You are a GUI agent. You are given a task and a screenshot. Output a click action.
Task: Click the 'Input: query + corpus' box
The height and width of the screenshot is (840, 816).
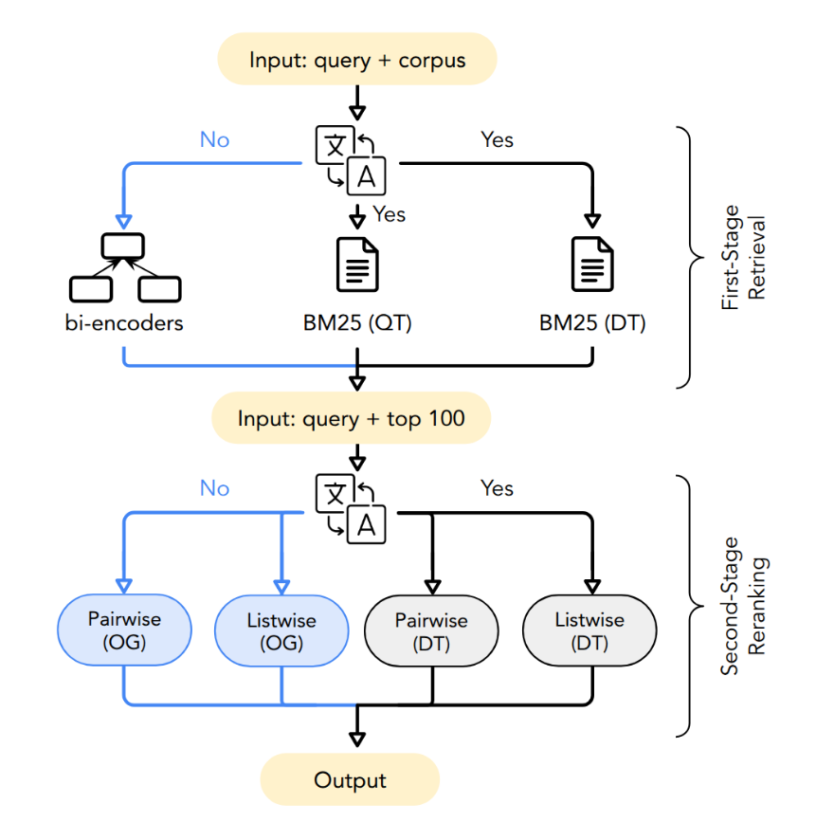[357, 60]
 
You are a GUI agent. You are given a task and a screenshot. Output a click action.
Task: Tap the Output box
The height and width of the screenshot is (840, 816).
[350, 780]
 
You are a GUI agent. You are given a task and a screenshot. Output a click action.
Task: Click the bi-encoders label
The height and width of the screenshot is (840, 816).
[125, 323]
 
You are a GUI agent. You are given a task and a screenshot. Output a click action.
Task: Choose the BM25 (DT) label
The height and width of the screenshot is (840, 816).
[592, 323]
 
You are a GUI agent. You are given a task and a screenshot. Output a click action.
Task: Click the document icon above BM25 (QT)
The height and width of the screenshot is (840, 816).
[357, 265]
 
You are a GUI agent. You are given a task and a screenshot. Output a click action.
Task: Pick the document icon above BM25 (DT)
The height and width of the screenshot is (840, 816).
[592, 265]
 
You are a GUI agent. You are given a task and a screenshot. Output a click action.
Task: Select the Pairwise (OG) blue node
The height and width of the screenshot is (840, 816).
[124, 630]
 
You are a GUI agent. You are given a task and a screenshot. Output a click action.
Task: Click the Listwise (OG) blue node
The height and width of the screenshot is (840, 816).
[281, 630]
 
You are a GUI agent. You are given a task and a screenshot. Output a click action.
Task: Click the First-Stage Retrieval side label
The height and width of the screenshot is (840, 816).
[744, 257]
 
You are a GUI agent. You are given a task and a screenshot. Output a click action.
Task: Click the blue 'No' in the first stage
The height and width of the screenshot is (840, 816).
[214, 140]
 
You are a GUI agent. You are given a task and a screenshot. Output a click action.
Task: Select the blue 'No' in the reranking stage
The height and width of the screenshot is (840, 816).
[214, 488]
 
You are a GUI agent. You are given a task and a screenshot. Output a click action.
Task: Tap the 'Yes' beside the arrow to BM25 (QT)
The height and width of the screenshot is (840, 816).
[389, 214]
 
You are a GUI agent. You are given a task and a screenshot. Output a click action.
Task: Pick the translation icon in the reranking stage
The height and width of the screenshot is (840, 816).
[351, 509]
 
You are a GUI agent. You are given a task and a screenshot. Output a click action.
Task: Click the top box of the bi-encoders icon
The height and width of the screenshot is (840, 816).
[124, 245]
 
